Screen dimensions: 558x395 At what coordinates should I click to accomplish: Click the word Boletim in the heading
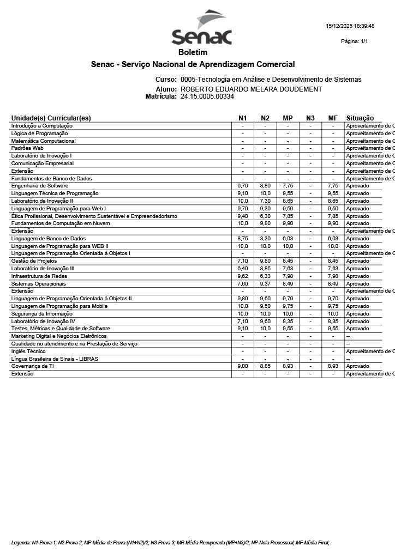[193, 53]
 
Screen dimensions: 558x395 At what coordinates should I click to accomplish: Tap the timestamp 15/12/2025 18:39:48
[350, 26]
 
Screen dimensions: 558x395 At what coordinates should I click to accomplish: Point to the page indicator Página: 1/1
[354, 41]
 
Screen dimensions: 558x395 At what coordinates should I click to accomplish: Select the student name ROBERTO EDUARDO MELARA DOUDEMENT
[251, 89]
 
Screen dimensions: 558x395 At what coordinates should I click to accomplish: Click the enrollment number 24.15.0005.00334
[207, 96]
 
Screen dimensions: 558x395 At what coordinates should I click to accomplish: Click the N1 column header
[243, 118]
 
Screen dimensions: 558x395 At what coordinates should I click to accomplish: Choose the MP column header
[288, 118]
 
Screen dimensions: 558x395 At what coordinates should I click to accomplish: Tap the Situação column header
[360, 118]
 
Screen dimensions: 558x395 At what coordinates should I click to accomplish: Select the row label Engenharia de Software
[40, 186]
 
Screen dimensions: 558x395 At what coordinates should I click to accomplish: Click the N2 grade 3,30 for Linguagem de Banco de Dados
[265, 239]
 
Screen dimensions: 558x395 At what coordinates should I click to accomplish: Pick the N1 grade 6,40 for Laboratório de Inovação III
[243, 269]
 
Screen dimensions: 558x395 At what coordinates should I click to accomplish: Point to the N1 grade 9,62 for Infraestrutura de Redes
[243, 276]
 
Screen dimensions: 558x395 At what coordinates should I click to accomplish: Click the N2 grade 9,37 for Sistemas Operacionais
[265, 284]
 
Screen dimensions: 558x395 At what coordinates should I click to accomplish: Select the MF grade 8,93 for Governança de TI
[333, 367]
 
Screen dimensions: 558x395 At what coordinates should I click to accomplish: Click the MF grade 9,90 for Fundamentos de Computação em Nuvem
[333, 223]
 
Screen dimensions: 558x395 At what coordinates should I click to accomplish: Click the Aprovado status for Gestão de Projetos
[357, 261]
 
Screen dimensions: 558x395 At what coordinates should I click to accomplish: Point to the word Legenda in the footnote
[21, 543]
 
